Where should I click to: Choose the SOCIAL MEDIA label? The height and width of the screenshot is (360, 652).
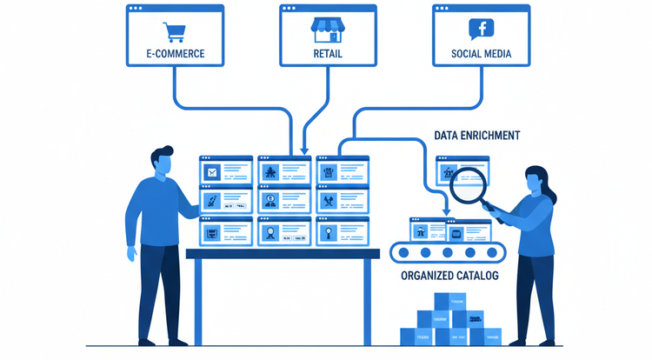pos(481,54)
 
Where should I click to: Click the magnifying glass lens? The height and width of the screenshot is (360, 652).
pos(462,182)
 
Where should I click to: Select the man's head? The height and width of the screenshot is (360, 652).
pos(162,162)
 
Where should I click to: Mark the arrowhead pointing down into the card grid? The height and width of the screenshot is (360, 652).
pos(303,150)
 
